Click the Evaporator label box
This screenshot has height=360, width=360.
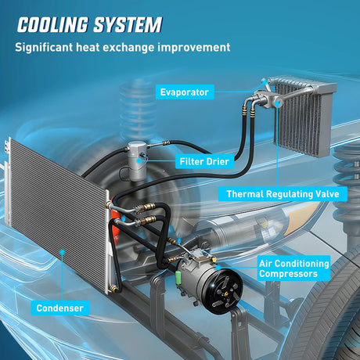pos(185,92)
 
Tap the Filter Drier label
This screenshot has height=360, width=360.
pos(204,161)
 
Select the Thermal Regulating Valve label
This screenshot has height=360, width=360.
pos(283,194)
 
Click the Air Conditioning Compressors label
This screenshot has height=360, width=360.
pos(293,268)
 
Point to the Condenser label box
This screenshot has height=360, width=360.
pos(60,308)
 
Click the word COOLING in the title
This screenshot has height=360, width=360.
pos(52,25)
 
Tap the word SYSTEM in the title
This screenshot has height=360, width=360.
pos(128,25)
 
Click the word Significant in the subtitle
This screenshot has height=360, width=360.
pos(44,48)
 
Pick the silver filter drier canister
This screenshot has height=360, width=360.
pos(137,161)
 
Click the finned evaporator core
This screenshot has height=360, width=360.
pos(304,117)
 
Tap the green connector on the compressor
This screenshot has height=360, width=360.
pos(178,275)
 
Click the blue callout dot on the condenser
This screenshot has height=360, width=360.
pos(62,252)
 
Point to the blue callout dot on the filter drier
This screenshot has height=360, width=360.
pos(139,160)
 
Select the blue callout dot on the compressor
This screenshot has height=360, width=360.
pos(218,268)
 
